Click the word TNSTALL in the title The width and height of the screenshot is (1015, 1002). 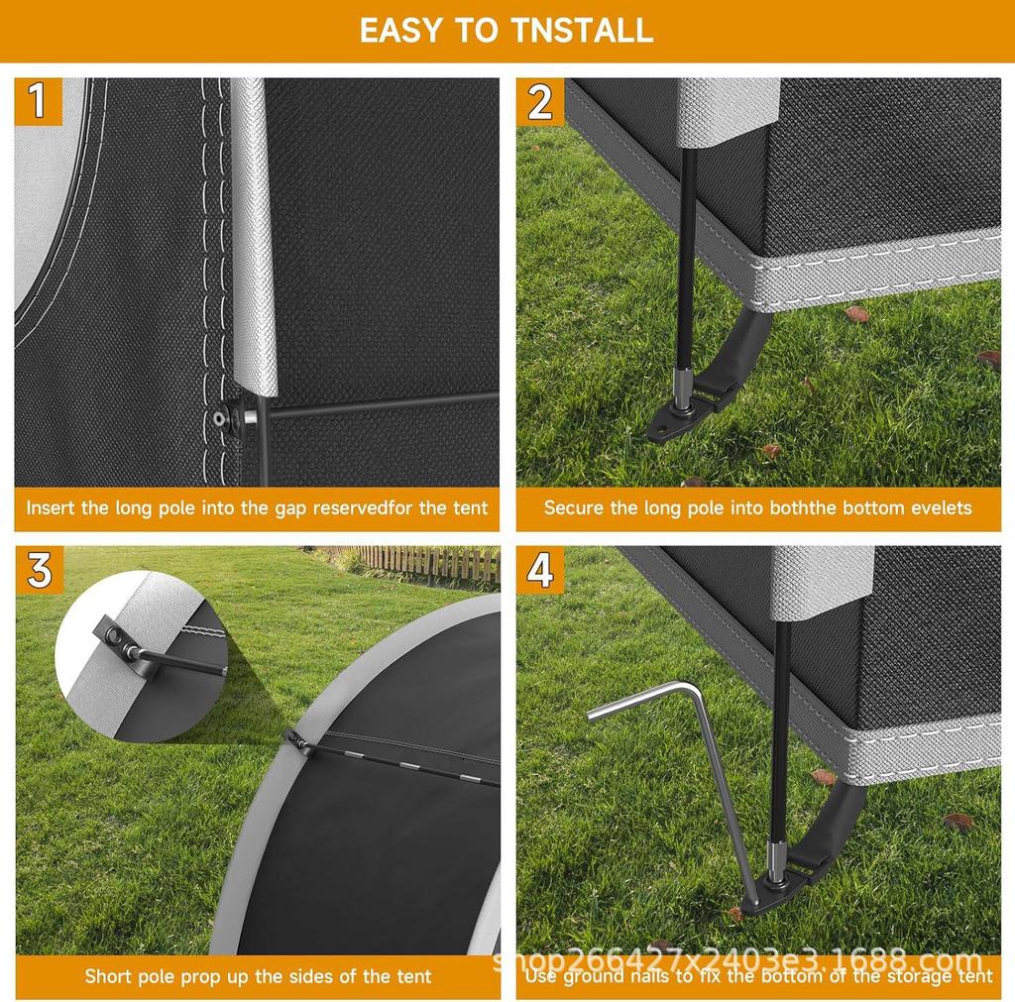pos(582,30)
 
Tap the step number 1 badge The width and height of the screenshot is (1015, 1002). pos(38,102)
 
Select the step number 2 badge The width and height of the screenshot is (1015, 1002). pos(539,102)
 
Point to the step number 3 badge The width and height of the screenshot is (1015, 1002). pos(39,570)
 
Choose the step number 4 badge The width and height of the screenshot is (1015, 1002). pos(539,570)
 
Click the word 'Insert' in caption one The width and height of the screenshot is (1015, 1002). pos(51,508)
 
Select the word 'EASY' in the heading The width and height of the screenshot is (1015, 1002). pos(400,30)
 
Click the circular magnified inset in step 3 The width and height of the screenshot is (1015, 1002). pos(139,654)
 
